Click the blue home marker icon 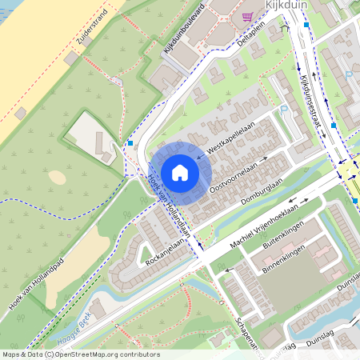(180, 172)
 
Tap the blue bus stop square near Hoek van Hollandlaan (130, 143)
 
